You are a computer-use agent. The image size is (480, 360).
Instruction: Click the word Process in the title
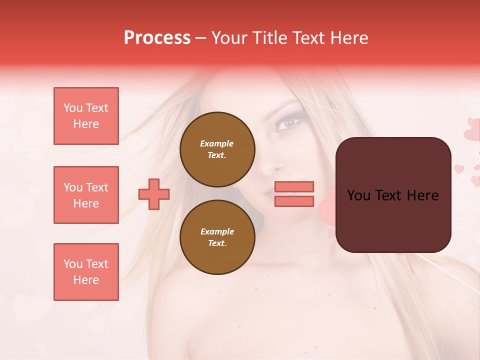click(157, 38)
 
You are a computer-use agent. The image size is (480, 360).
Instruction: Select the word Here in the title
click(348, 38)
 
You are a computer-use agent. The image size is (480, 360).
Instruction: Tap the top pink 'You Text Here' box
click(86, 116)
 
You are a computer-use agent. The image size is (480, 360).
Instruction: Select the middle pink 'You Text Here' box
click(86, 195)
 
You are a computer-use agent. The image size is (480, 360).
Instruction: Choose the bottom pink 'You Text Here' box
click(86, 271)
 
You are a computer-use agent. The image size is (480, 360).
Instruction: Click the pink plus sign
click(154, 194)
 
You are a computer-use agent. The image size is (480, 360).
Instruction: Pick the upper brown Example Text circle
click(217, 149)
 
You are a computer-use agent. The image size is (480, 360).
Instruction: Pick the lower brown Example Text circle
click(217, 237)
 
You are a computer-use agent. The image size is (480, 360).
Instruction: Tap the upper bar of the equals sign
click(294, 186)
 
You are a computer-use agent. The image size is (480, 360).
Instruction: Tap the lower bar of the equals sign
click(294, 201)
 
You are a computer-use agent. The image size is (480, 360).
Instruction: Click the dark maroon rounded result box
click(393, 220)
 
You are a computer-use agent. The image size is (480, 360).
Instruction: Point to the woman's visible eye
click(288, 122)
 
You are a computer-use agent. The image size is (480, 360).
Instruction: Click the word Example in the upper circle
click(217, 143)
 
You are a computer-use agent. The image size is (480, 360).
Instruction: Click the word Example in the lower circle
click(217, 231)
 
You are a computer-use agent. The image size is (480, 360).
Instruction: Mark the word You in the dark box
click(358, 195)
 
